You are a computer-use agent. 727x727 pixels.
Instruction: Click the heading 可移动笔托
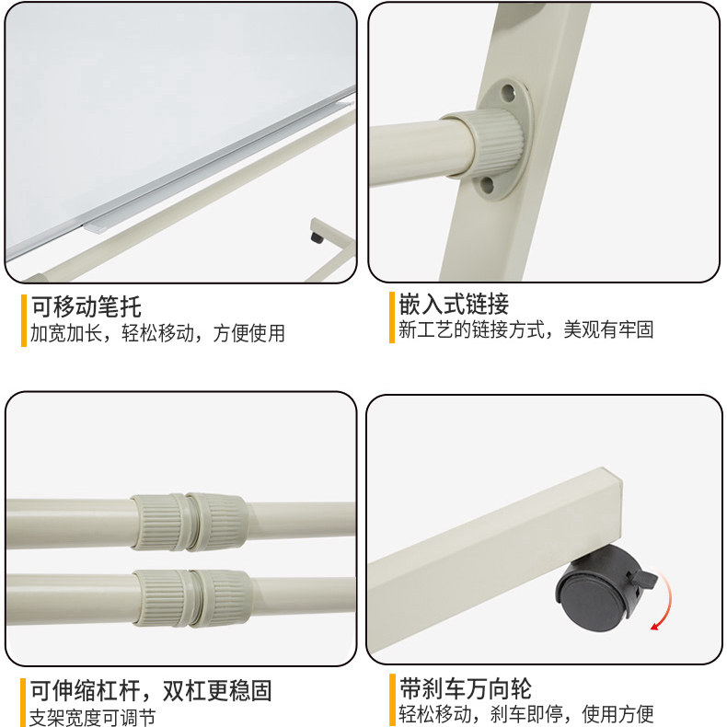click(87, 307)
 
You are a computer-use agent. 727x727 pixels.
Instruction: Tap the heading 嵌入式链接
click(454, 305)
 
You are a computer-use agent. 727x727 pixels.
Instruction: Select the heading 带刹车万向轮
click(465, 688)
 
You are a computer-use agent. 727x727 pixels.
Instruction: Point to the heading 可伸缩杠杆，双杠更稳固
click(151, 691)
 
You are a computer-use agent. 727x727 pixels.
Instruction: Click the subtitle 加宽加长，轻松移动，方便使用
click(157, 333)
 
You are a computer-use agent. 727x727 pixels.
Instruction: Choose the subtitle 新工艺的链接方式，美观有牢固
click(526, 329)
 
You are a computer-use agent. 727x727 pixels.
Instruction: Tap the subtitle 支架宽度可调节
click(93, 717)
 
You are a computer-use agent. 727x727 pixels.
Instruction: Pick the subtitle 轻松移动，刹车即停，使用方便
click(526, 713)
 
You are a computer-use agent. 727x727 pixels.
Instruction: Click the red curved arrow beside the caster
click(664, 600)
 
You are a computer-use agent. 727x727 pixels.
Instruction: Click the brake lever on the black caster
click(642, 580)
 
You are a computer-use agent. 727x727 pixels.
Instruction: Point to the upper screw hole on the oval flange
click(508, 92)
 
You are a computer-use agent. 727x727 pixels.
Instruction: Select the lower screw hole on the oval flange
click(487, 185)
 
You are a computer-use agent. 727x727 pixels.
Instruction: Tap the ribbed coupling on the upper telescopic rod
click(190, 522)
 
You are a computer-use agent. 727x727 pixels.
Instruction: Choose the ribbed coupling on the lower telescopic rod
click(192, 598)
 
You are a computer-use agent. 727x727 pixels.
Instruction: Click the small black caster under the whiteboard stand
click(317, 237)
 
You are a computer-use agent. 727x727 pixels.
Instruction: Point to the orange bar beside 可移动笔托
click(24, 320)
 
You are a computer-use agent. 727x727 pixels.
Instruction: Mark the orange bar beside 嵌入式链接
click(392, 317)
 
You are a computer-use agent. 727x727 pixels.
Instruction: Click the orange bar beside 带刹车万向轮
click(392, 700)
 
